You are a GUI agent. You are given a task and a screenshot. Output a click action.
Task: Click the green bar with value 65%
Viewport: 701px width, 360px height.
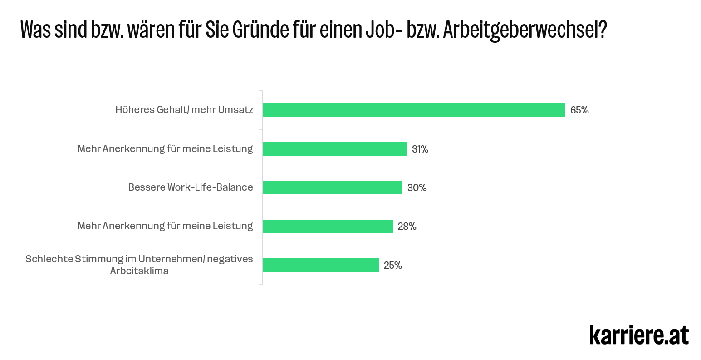coord(414,110)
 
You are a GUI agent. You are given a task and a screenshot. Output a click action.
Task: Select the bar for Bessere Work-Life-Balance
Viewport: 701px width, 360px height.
coord(332,187)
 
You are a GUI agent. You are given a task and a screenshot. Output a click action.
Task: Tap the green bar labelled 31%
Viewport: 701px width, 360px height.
coord(335,149)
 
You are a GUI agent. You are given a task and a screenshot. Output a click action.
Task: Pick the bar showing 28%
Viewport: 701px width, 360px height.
coord(328,226)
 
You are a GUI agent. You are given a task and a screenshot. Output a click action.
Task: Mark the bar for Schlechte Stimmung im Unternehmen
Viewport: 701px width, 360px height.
coord(321,265)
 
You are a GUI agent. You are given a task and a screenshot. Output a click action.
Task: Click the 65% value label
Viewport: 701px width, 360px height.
coord(579,110)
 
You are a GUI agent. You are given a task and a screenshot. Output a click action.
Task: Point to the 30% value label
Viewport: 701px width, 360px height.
coord(417,187)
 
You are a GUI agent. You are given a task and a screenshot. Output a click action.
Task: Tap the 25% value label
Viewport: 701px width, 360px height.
coord(393,265)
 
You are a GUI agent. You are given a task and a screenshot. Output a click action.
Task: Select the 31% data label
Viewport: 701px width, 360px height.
coord(420,149)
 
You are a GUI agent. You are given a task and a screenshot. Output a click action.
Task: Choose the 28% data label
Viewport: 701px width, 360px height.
coord(407,226)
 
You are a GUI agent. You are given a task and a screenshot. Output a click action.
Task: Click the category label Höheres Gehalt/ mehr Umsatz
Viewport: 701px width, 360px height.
coord(184,110)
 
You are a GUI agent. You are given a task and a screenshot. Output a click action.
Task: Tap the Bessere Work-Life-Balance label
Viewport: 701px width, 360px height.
coord(191,187)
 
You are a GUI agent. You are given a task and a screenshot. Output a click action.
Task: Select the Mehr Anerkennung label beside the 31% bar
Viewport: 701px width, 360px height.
coord(165,148)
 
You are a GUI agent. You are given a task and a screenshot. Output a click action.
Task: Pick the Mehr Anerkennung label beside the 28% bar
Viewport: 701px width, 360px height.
coord(165,226)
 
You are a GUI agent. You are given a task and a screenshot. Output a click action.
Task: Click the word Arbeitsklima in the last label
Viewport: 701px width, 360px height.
coord(139,271)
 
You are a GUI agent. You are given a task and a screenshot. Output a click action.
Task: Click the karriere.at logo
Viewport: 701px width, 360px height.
coord(639,335)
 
